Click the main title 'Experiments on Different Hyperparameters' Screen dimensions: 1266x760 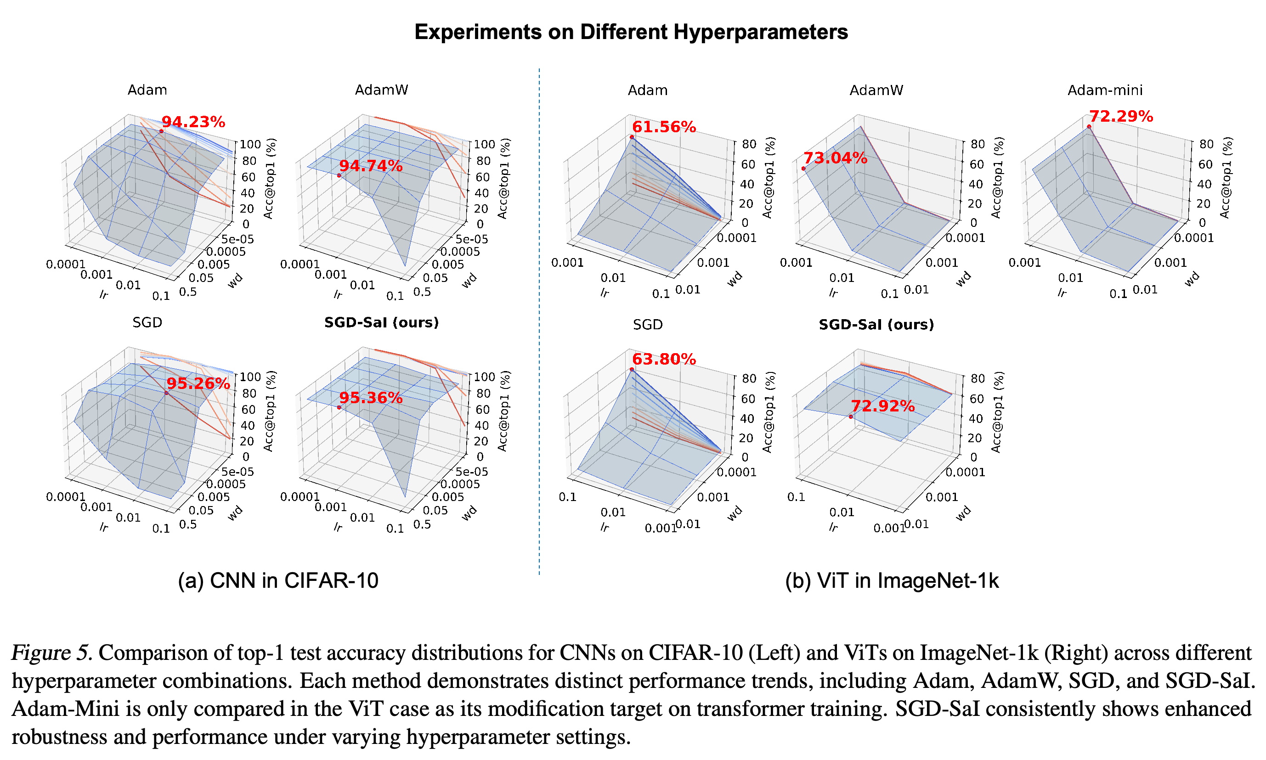(x=631, y=32)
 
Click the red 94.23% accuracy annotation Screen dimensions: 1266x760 (x=193, y=122)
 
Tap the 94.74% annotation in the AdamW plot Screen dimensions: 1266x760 (x=371, y=166)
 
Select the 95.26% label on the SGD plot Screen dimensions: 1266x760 (x=198, y=383)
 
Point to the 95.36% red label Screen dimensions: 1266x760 (x=371, y=398)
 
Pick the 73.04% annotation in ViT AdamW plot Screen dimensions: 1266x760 (x=835, y=158)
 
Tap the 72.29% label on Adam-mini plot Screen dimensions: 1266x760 (x=1121, y=116)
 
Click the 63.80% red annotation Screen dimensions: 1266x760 (x=664, y=359)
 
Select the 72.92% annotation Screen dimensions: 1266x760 (x=882, y=406)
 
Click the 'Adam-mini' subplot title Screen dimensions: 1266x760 (x=1105, y=90)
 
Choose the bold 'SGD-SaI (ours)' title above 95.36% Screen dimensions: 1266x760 (x=382, y=323)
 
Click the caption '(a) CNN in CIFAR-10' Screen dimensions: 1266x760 (x=278, y=581)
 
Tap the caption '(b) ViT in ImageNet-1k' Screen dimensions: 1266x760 (x=892, y=581)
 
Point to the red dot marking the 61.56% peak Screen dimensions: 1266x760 (x=632, y=137)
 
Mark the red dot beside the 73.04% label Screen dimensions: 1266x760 (x=803, y=169)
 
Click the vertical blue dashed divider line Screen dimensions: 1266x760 (x=539, y=321)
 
